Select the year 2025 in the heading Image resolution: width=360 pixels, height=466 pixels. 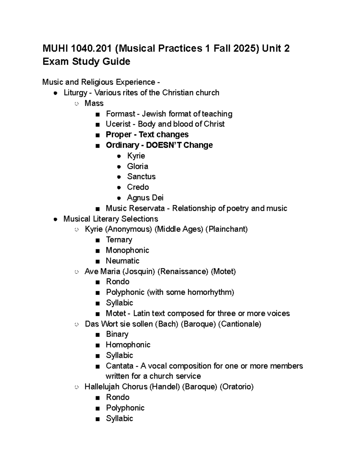[x=245, y=48]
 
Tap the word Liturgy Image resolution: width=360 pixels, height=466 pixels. [x=75, y=93]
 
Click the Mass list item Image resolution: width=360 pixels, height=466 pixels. [x=94, y=103]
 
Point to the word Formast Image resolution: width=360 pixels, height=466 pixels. [x=120, y=114]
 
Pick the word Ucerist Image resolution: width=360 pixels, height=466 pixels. [x=118, y=124]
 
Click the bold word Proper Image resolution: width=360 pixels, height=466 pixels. [x=118, y=134]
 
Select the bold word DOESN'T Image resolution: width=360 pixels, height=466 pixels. [x=164, y=145]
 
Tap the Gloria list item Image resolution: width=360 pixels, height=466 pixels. [x=137, y=166]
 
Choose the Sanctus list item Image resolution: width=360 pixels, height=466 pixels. [x=141, y=176]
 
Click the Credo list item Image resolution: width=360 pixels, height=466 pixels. [x=138, y=187]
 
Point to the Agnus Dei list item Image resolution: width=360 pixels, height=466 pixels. [x=145, y=197]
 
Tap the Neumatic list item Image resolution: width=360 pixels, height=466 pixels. [x=122, y=261]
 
